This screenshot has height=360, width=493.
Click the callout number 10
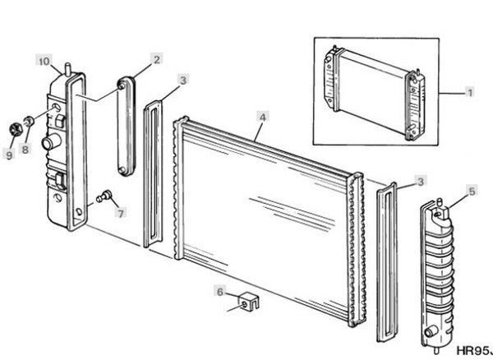click(x=44, y=61)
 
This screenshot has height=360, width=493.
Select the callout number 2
click(x=157, y=59)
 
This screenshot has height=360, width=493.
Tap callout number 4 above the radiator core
click(x=263, y=118)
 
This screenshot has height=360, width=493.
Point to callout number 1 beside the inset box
click(x=470, y=93)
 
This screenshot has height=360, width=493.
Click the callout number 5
click(x=472, y=192)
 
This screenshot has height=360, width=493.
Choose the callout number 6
click(x=219, y=292)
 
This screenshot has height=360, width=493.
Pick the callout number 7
click(x=121, y=214)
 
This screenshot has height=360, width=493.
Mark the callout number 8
click(x=25, y=149)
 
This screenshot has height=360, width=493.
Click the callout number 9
click(x=9, y=155)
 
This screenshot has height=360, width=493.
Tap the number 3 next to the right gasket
click(x=421, y=182)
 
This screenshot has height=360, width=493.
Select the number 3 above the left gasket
click(x=183, y=81)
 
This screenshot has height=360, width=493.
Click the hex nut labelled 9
click(x=14, y=129)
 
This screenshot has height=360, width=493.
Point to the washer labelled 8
click(x=30, y=121)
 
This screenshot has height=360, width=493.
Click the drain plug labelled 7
click(x=104, y=196)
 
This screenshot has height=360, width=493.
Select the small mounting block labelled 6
click(x=249, y=301)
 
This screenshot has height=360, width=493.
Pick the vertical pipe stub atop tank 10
click(x=67, y=70)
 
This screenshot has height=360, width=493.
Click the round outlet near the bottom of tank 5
click(x=430, y=332)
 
